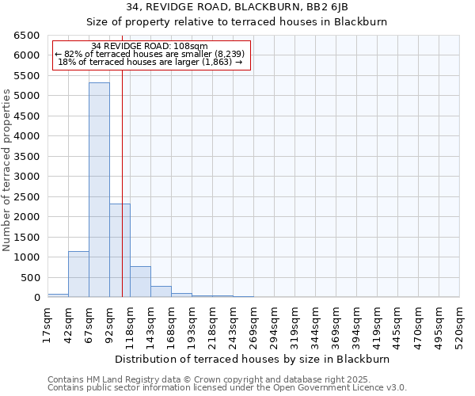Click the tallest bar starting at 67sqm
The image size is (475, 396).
[99, 190]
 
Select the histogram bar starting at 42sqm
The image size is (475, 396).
[78, 274]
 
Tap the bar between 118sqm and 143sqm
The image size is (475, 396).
[140, 282]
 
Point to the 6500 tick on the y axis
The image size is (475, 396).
[26, 36]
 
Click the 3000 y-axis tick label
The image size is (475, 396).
[26, 177]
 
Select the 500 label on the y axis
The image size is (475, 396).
[29, 277]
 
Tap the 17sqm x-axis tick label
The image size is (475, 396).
[48, 322]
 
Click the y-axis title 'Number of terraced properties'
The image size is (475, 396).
[7, 170]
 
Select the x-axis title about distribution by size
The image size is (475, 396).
[258, 359]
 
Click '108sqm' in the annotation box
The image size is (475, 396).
[190, 46]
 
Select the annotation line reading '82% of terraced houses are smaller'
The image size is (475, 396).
[150, 54]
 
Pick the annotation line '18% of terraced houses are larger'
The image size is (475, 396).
[150, 62]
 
